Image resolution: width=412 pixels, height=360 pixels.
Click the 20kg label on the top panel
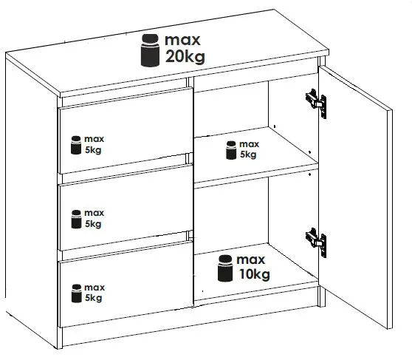coord(185,57)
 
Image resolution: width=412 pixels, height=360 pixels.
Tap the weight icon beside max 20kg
coord(150,50)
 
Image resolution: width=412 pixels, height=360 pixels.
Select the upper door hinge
coord(316,103)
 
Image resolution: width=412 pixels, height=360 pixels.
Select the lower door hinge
coord(316,242)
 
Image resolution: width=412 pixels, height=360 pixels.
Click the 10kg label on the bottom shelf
coord(254,274)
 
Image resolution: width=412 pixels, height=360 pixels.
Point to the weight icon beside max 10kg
coord(225,268)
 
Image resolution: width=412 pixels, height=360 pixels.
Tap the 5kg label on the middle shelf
coord(248,154)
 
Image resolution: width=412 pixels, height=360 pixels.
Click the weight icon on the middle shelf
coord(231,150)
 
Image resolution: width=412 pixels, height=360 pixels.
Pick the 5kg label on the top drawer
coord(93,150)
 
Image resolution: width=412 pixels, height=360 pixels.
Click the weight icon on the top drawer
coord(76,145)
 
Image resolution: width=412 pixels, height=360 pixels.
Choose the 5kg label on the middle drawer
coord(93,224)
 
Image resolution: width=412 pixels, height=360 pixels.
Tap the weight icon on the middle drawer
coord(76,220)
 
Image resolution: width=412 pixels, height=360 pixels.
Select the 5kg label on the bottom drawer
coord(93,298)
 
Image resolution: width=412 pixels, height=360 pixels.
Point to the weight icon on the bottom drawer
coord(77,293)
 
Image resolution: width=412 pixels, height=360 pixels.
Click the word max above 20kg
coord(182,40)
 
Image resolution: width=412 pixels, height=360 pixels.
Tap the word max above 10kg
coord(250,260)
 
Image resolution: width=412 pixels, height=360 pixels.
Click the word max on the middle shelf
coord(249,144)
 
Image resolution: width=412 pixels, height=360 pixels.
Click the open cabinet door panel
coord(355,197)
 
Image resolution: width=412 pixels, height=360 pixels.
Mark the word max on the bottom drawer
coord(95,288)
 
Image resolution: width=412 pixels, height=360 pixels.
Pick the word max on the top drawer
coord(94,139)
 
